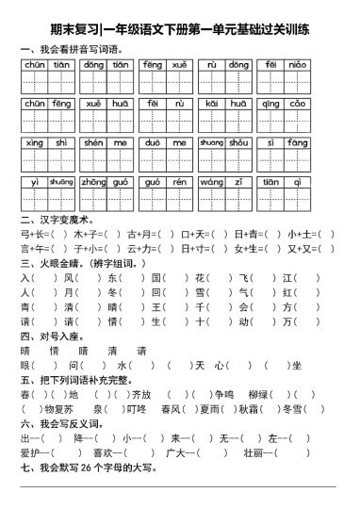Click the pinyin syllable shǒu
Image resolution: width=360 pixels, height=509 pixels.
[x=240, y=142]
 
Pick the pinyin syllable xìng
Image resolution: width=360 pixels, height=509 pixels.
[x=34, y=142]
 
